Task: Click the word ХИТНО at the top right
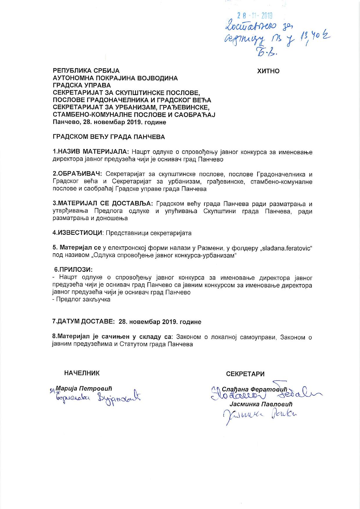point(268,71)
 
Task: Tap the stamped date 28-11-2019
point(255,16)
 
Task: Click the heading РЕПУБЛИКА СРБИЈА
point(86,71)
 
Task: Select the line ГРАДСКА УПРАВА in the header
point(82,85)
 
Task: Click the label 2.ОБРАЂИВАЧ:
point(77,174)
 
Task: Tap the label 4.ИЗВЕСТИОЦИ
point(77,233)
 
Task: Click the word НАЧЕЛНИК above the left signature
point(82,373)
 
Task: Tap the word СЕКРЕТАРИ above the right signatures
point(245,374)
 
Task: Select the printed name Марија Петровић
point(84,388)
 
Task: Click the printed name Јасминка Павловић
point(261,404)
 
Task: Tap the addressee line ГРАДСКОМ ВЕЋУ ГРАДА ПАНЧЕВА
point(109,137)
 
